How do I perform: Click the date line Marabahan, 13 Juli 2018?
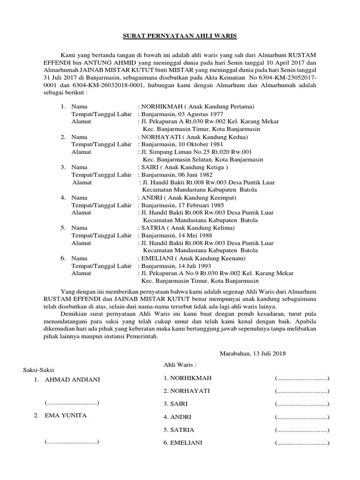pyautogui.click(x=253, y=353)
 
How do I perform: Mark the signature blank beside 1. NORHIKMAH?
pyautogui.click(x=302, y=378)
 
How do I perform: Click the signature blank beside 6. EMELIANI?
pyautogui.click(x=302, y=443)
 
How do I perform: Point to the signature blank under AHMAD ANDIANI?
pyautogui.click(x=72, y=403)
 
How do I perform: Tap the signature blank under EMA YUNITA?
pyautogui.click(x=72, y=442)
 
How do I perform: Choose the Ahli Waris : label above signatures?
pyautogui.click(x=180, y=365)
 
